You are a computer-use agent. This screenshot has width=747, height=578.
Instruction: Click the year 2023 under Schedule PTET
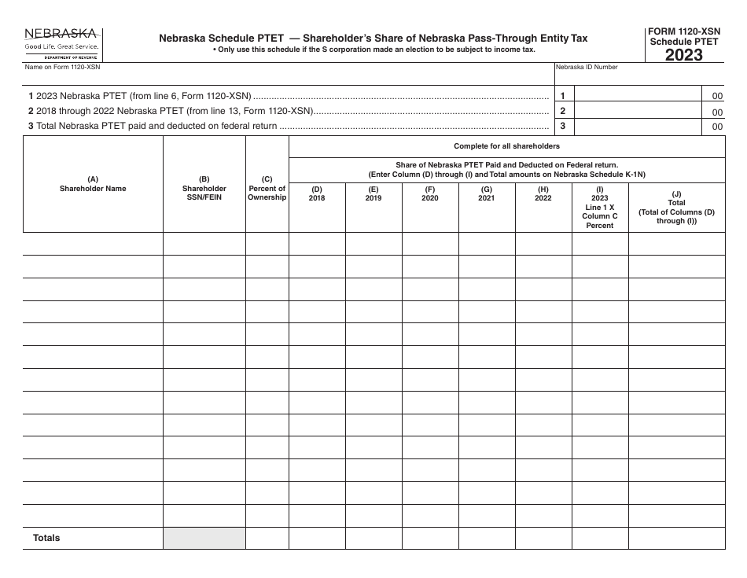(x=684, y=54)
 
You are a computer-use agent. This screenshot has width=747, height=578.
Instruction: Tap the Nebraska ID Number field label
(x=587, y=68)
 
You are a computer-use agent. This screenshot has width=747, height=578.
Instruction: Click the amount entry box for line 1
(x=641, y=96)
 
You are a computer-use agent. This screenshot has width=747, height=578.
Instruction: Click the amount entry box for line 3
(x=641, y=126)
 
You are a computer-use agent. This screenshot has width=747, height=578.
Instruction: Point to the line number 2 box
(x=562, y=111)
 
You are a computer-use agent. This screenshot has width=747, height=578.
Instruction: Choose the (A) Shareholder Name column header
(x=93, y=184)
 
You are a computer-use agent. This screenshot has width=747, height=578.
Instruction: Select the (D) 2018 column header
(x=317, y=193)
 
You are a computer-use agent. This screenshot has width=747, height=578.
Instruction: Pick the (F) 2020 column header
(x=430, y=193)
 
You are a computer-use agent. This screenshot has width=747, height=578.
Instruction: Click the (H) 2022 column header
(x=543, y=193)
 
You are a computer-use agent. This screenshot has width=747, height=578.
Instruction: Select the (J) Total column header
(x=676, y=208)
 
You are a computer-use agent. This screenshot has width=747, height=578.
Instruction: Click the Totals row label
(x=46, y=538)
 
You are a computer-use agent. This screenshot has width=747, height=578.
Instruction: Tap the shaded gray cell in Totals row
(x=204, y=538)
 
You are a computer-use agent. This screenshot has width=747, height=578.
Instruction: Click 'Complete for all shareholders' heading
(x=507, y=146)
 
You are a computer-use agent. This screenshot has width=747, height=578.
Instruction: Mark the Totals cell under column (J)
(x=676, y=538)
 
